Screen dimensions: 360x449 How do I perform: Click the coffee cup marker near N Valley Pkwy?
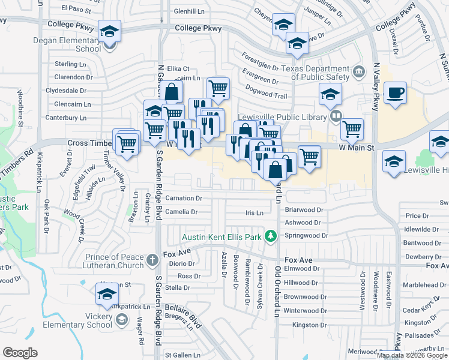pyautogui.click(x=395, y=94)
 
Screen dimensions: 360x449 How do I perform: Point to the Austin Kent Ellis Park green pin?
pyautogui.click(x=271, y=237)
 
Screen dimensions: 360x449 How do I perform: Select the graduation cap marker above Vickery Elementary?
pyautogui.click(x=107, y=295)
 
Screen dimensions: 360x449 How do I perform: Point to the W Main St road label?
pyautogui.click(x=357, y=147)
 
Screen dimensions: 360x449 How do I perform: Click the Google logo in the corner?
pyautogui.click(x=20, y=352)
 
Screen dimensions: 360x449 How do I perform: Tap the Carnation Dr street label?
pyautogui.click(x=184, y=198)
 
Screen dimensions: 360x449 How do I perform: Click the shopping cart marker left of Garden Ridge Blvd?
pyautogui.click(x=127, y=143)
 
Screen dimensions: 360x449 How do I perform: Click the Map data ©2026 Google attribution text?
pyautogui.click(x=412, y=355)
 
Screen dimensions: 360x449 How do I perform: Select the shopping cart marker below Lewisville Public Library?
pyautogui.click(x=352, y=128)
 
